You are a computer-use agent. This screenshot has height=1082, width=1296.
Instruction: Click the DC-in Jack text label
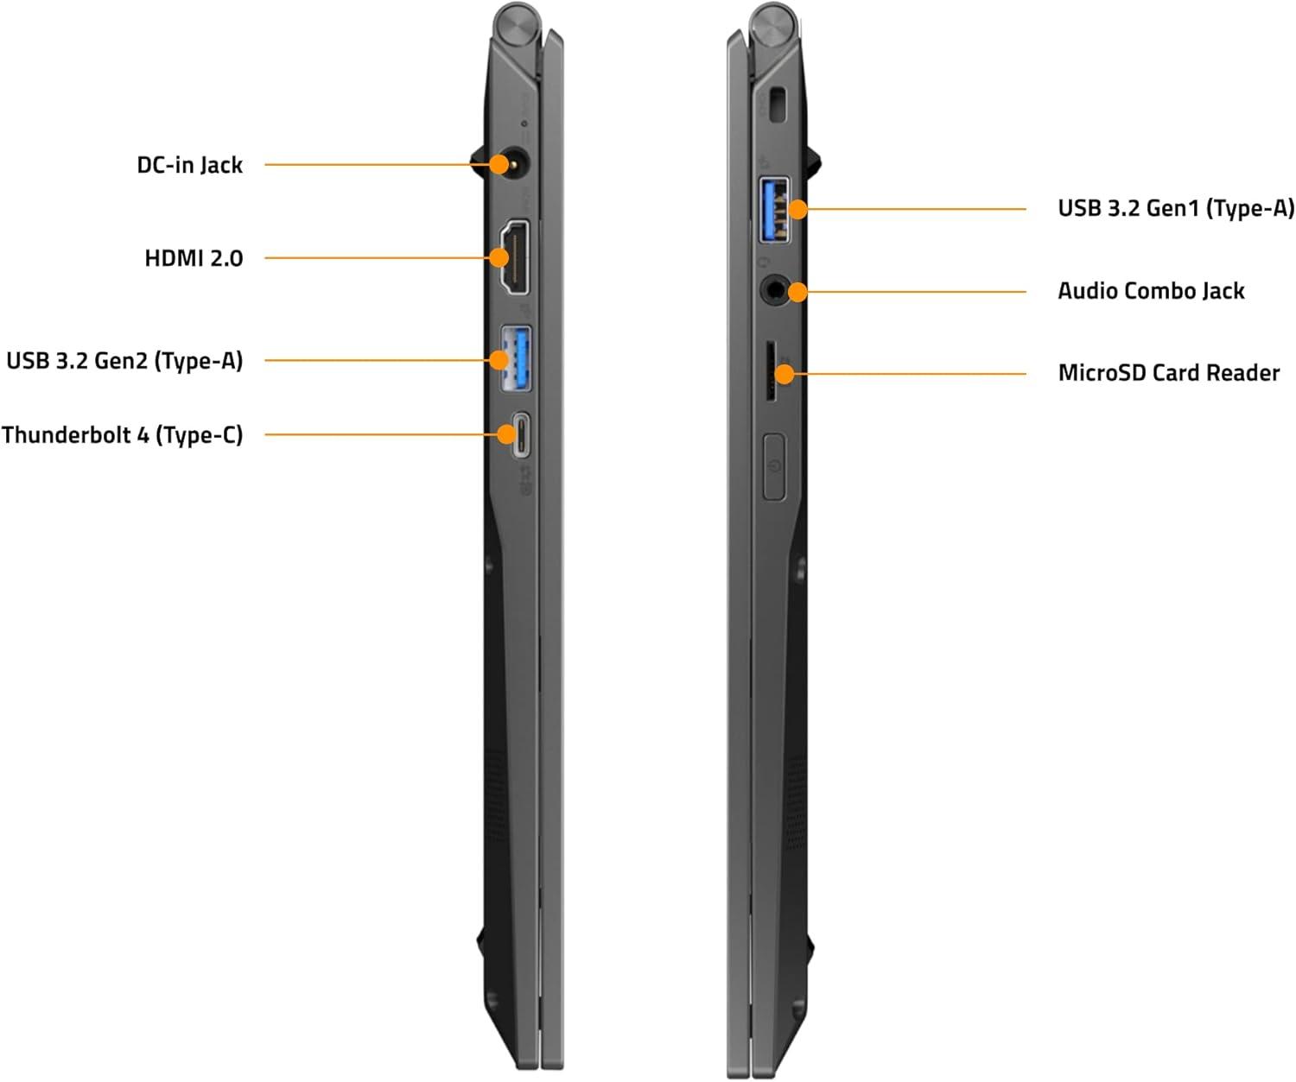(x=189, y=165)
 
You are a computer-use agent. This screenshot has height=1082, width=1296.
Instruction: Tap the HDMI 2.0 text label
(x=194, y=258)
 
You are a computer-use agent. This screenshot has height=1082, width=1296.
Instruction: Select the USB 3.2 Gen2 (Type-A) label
(x=124, y=360)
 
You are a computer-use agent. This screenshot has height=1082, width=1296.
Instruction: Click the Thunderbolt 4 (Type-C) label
(x=123, y=435)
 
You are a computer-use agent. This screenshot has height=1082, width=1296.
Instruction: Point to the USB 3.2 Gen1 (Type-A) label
(x=1176, y=208)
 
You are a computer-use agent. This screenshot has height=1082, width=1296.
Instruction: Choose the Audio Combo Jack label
(x=1151, y=291)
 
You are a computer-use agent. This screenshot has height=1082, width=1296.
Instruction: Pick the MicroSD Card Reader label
(x=1169, y=373)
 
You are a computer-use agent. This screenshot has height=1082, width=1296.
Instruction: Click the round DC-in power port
(x=513, y=164)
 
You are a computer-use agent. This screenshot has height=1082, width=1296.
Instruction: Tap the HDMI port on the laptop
(x=515, y=256)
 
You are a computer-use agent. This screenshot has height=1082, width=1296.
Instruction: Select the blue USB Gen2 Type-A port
(x=516, y=359)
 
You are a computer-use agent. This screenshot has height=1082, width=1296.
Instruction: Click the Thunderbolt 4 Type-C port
(x=521, y=434)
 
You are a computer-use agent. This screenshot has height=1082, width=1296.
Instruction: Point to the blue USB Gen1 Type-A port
(x=774, y=210)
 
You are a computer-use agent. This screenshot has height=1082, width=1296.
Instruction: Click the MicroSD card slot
(x=771, y=371)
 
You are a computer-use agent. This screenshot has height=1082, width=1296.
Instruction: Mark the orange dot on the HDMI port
(x=499, y=257)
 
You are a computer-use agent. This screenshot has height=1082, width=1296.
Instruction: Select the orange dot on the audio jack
(x=797, y=292)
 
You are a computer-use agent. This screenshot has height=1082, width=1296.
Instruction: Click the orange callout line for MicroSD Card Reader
(x=910, y=374)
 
